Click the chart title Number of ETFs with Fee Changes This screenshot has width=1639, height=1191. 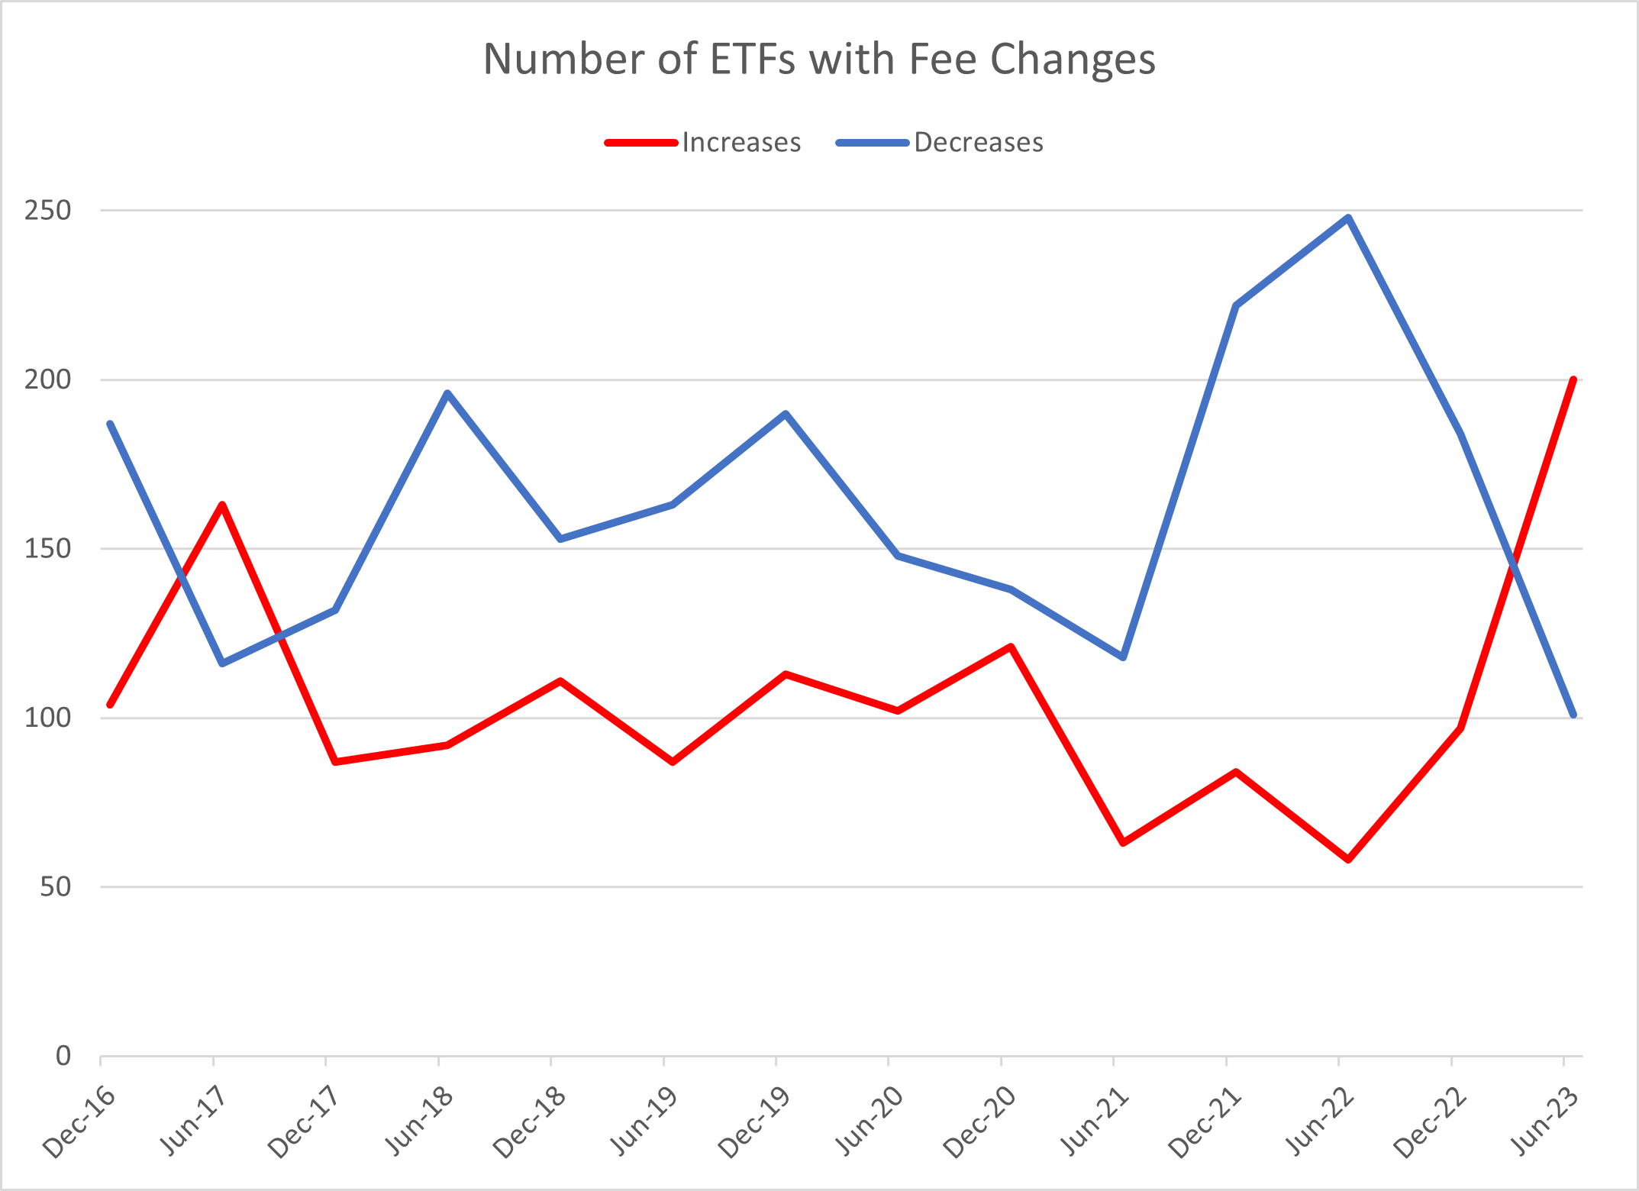pyautogui.click(x=819, y=59)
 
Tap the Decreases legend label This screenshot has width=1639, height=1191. pyautogui.click(x=978, y=143)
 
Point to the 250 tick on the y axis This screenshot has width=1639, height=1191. pyautogui.click(x=47, y=210)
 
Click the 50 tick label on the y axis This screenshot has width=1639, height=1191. pyautogui.click(x=53, y=887)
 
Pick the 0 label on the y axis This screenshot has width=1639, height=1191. pyautogui.click(x=63, y=1057)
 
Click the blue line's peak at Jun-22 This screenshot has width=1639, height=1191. pyautogui.click(x=1348, y=218)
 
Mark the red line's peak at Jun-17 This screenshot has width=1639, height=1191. pyautogui.click(x=222, y=505)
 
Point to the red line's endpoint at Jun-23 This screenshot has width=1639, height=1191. pyautogui.click(x=1573, y=379)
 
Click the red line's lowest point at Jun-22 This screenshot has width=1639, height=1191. pyautogui.click(x=1348, y=860)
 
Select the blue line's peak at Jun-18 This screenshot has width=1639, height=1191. pyautogui.click(x=447, y=393)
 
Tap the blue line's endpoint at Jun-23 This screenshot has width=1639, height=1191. pyautogui.click(x=1573, y=715)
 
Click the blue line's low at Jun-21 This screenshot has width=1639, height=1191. pyautogui.click(x=1123, y=657)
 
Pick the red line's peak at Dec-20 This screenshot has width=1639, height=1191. pyautogui.click(x=1011, y=647)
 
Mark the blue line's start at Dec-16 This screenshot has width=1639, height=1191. pyautogui.click(x=110, y=424)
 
